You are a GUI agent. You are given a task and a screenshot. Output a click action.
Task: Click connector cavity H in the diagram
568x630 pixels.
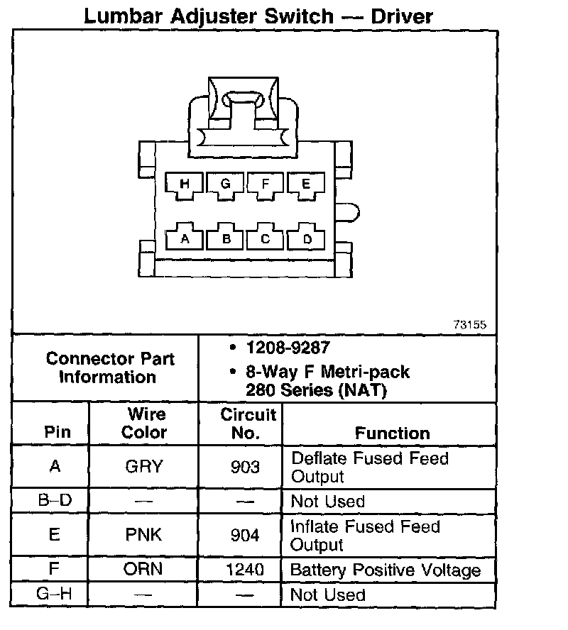tap(185, 184)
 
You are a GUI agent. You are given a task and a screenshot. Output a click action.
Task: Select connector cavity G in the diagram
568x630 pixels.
tap(226, 184)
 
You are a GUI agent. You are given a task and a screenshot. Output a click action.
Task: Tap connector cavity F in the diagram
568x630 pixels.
tap(266, 184)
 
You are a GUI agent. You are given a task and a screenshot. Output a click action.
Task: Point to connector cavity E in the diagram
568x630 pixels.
tap(306, 184)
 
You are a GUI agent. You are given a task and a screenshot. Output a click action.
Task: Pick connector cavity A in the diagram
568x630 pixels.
tap(185, 239)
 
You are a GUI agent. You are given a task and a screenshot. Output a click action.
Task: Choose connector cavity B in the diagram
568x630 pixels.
tap(226, 239)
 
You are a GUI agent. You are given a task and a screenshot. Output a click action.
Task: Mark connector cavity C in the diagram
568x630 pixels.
tap(266, 239)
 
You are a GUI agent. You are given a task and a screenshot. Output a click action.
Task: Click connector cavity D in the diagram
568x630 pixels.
tap(307, 239)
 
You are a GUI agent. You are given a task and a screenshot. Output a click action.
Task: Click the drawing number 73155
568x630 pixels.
tap(469, 325)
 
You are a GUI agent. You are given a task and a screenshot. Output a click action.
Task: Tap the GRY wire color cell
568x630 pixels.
tap(143, 467)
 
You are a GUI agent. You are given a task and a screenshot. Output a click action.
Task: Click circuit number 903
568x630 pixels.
tap(245, 467)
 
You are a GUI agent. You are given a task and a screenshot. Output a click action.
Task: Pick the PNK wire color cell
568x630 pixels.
tap(143, 534)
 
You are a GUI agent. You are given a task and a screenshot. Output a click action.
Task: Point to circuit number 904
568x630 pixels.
tap(245, 535)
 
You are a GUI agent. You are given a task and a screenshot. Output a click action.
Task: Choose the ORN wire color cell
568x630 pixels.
tap(143, 569)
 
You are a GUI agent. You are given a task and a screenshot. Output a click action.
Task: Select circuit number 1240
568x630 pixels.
tap(244, 570)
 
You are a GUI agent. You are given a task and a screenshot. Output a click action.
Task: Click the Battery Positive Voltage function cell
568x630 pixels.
tap(386, 570)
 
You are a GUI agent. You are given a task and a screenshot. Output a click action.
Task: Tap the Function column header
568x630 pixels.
tap(392, 433)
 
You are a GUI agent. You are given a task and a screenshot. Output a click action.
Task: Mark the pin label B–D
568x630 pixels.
tap(55, 501)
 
